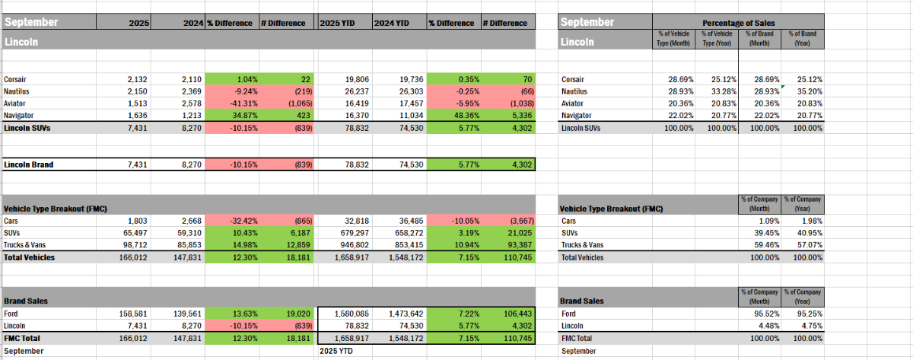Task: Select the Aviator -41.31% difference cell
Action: click(233, 104)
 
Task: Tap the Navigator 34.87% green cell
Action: click(233, 116)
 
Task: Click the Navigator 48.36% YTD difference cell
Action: click(453, 116)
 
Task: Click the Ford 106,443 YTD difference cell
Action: click(507, 312)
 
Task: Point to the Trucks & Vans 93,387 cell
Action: click(507, 246)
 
